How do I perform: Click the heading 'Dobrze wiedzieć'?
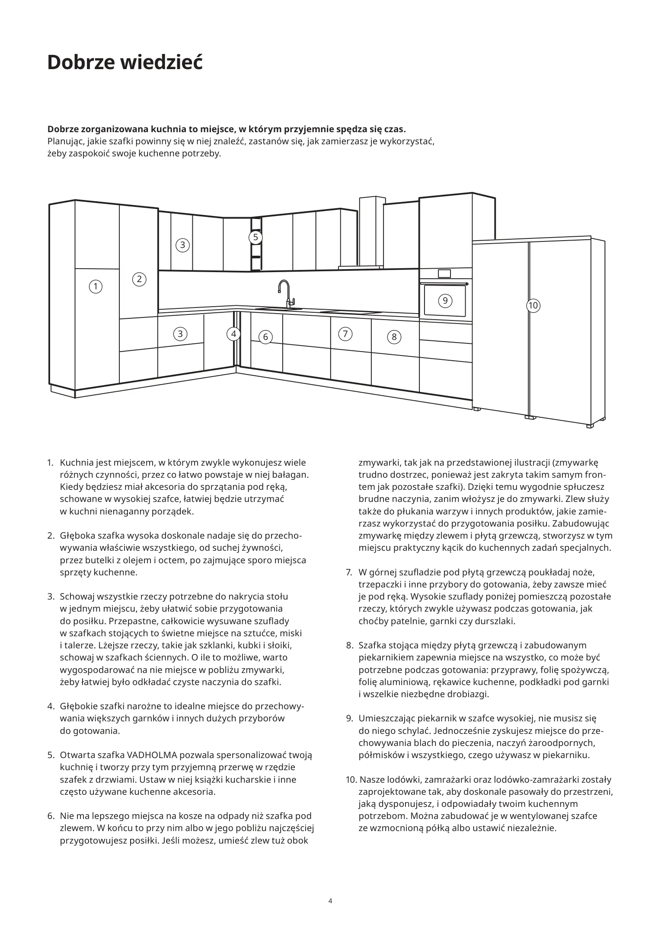[x=125, y=63]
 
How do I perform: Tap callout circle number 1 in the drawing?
[x=96, y=286]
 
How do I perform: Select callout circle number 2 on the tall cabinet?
[x=139, y=279]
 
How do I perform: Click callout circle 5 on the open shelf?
[x=255, y=237]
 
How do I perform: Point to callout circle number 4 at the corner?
[x=233, y=334]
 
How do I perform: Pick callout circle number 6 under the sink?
[x=265, y=337]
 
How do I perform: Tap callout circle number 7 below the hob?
[x=345, y=334]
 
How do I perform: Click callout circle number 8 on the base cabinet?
[x=394, y=337]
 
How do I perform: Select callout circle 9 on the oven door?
[x=445, y=301]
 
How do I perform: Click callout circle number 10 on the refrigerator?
[x=533, y=306]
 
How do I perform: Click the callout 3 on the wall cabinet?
[x=182, y=245]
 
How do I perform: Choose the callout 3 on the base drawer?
[x=180, y=334]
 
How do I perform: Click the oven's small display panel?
[x=444, y=273]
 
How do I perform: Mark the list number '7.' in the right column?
[x=349, y=573]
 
